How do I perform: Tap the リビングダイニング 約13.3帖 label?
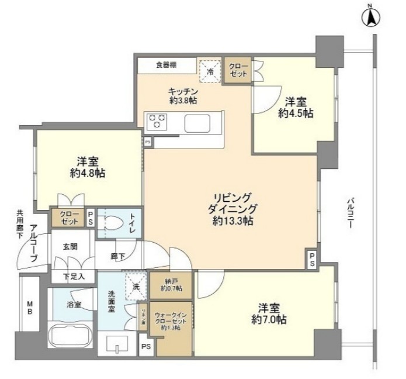tap(233, 209)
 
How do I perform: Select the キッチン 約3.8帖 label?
tap(182, 97)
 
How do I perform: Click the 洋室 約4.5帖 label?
tap(295, 107)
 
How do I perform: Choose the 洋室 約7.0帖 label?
tap(268, 314)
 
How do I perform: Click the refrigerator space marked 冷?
tap(211, 71)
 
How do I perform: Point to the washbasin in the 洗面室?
tap(118, 345)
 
